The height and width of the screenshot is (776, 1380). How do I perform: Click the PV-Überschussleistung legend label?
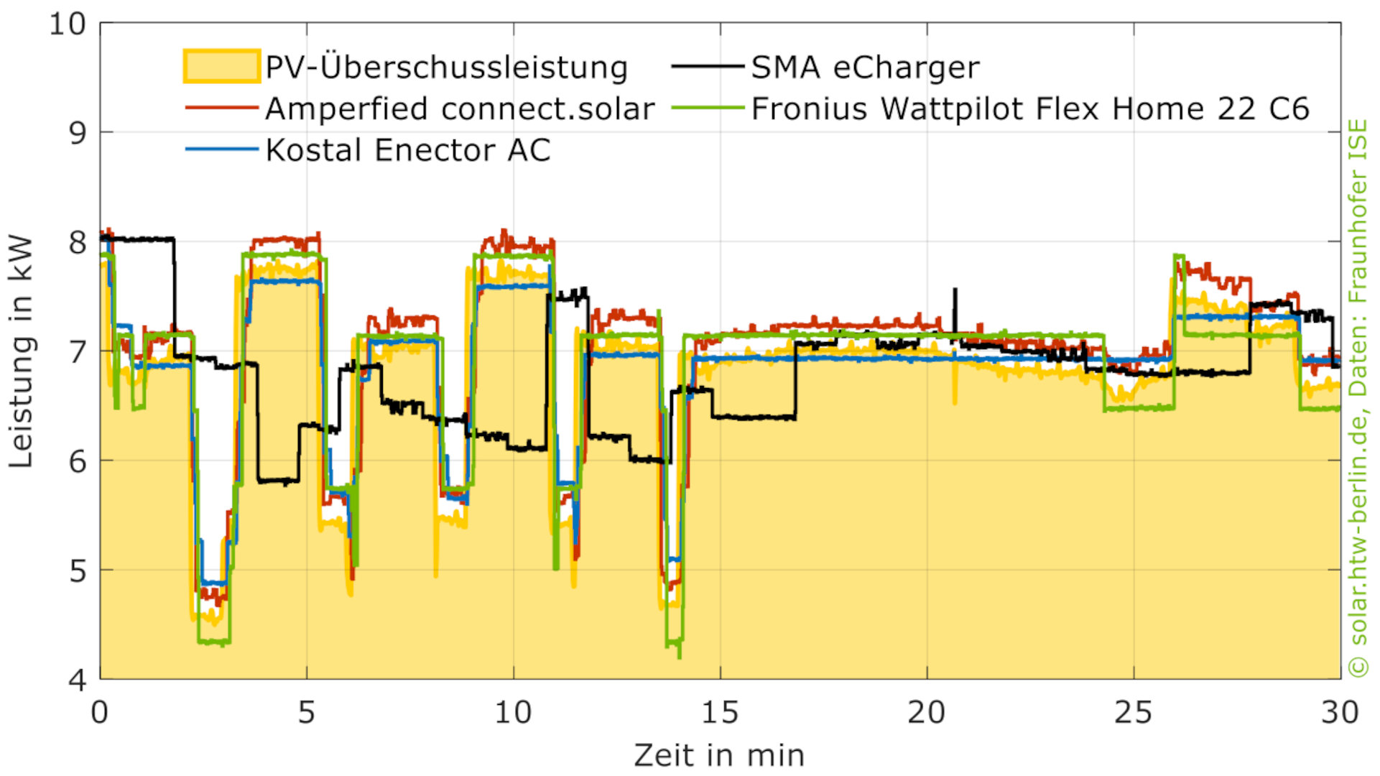click(x=446, y=68)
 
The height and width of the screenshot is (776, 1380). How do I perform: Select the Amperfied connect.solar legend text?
click(x=460, y=109)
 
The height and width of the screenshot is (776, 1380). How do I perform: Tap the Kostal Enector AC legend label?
click(x=407, y=151)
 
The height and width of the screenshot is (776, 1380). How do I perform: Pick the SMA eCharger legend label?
click(x=865, y=68)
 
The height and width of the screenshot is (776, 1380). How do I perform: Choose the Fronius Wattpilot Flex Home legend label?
click(x=1030, y=109)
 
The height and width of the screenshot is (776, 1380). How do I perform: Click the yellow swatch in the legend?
click(x=221, y=66)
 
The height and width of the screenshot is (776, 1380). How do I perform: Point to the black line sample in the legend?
click(x=708, y=67)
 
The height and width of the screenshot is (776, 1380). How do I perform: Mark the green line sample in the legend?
click(x=708, y=108)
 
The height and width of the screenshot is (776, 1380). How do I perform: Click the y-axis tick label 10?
click(x=67, y=24)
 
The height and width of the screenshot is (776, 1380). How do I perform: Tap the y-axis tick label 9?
click(x=77, y=134)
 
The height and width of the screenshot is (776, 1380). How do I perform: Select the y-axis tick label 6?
click(x=77, y=461)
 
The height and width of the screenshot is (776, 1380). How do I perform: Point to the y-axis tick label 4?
click(x=77, y=680)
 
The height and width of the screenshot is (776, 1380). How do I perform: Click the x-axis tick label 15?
click(x=719, y=713)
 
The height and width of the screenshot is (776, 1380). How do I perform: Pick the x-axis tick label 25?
click(x=1133, y=713)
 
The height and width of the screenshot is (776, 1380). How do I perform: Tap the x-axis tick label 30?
click(x=1340, y=713)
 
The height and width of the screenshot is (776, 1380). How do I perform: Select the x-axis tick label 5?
click(x=307, y=713)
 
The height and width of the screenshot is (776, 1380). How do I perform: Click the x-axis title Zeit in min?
click(x=719, y=756)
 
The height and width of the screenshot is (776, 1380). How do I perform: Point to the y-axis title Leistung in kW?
click(x=22, y=352)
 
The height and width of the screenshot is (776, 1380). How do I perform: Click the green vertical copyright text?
click(x=1358, y=399)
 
